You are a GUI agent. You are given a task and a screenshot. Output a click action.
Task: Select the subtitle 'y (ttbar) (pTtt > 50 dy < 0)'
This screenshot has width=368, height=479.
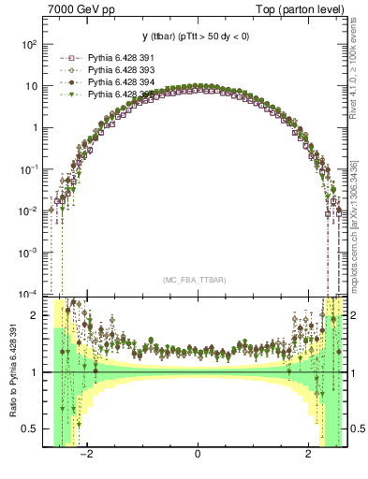coord(198,36)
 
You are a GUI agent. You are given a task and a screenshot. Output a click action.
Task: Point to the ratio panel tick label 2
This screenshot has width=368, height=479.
coord(37,315)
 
